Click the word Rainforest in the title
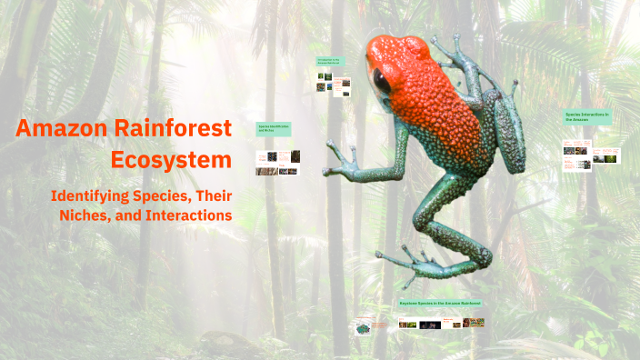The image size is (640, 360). point(172,129)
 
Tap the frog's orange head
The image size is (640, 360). point(400,59)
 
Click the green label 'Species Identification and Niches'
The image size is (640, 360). point(274,130)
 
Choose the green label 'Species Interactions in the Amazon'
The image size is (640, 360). point(587,118)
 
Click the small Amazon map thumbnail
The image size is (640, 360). point(365,326)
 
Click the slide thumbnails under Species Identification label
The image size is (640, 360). point(278,163)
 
